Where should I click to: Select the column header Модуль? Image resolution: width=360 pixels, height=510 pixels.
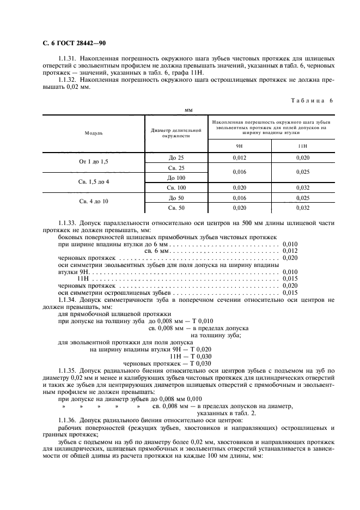click(93, 133)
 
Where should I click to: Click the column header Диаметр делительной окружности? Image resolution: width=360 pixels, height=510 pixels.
click(176, 133)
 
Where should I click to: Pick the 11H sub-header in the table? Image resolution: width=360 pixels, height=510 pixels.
click(303, 145)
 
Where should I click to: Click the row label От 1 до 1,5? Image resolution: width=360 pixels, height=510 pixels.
click(94, 162)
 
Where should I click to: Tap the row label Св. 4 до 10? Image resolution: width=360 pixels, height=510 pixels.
click(94, 202)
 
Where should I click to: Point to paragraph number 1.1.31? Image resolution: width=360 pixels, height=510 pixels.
click(67, 58)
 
